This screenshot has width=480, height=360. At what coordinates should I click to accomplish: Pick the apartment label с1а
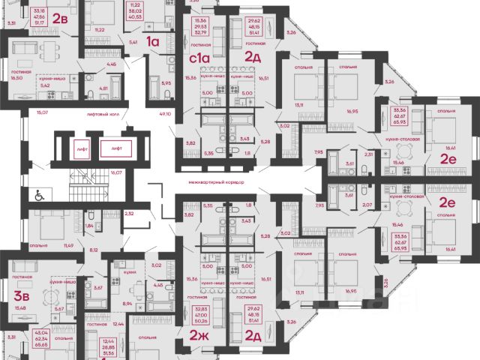198,57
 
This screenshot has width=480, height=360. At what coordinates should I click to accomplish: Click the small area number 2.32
130,214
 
